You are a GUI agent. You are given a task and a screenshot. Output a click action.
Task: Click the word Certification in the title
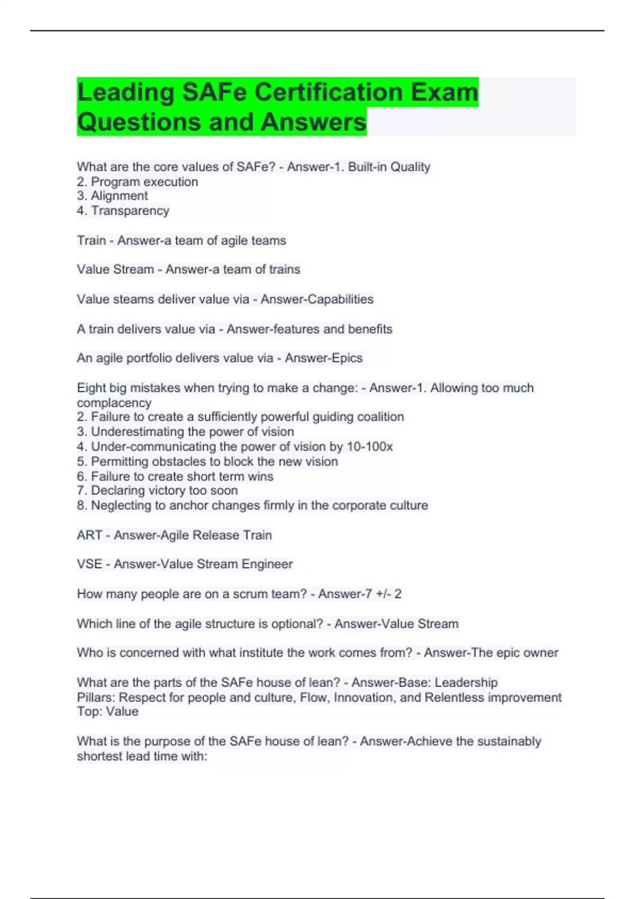click(328, 92)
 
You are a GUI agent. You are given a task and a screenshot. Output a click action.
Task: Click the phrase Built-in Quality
click(389, 167)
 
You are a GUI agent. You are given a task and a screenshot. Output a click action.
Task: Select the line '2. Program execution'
click(138, 182)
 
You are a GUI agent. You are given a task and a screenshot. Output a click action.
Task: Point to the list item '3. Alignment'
click(112, 196)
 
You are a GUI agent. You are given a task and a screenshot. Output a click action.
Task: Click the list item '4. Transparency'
click(123, 211)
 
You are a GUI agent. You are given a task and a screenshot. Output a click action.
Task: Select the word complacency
click(114, 403)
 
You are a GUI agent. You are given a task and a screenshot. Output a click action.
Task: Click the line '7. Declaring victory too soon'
click(157, 491)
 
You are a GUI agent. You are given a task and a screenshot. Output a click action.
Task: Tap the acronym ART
click(89, 535)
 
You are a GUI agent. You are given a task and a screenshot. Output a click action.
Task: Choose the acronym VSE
click(89, 564)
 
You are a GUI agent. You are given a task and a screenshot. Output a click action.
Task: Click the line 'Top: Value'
click(107, 712)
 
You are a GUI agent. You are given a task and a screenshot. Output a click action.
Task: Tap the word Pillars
click(95, 698)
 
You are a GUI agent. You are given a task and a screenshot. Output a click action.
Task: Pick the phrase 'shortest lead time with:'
click(142, 757)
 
